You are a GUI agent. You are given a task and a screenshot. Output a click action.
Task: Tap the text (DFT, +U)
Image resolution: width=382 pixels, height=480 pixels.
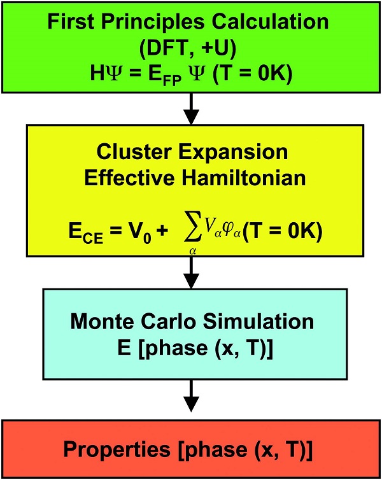click(188, 48)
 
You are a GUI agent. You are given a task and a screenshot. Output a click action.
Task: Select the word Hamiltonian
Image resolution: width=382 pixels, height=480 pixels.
click(244, 178)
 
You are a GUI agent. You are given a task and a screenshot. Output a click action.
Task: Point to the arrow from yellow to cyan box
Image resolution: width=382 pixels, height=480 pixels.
click(191, 272)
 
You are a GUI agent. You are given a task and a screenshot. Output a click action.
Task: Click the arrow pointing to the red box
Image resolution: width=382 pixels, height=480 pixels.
click(191, 396)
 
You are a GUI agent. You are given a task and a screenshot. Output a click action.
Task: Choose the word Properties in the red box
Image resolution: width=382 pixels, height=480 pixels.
click(117, 450)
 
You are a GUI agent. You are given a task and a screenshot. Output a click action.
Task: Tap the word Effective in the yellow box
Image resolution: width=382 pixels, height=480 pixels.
click(129, 178)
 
